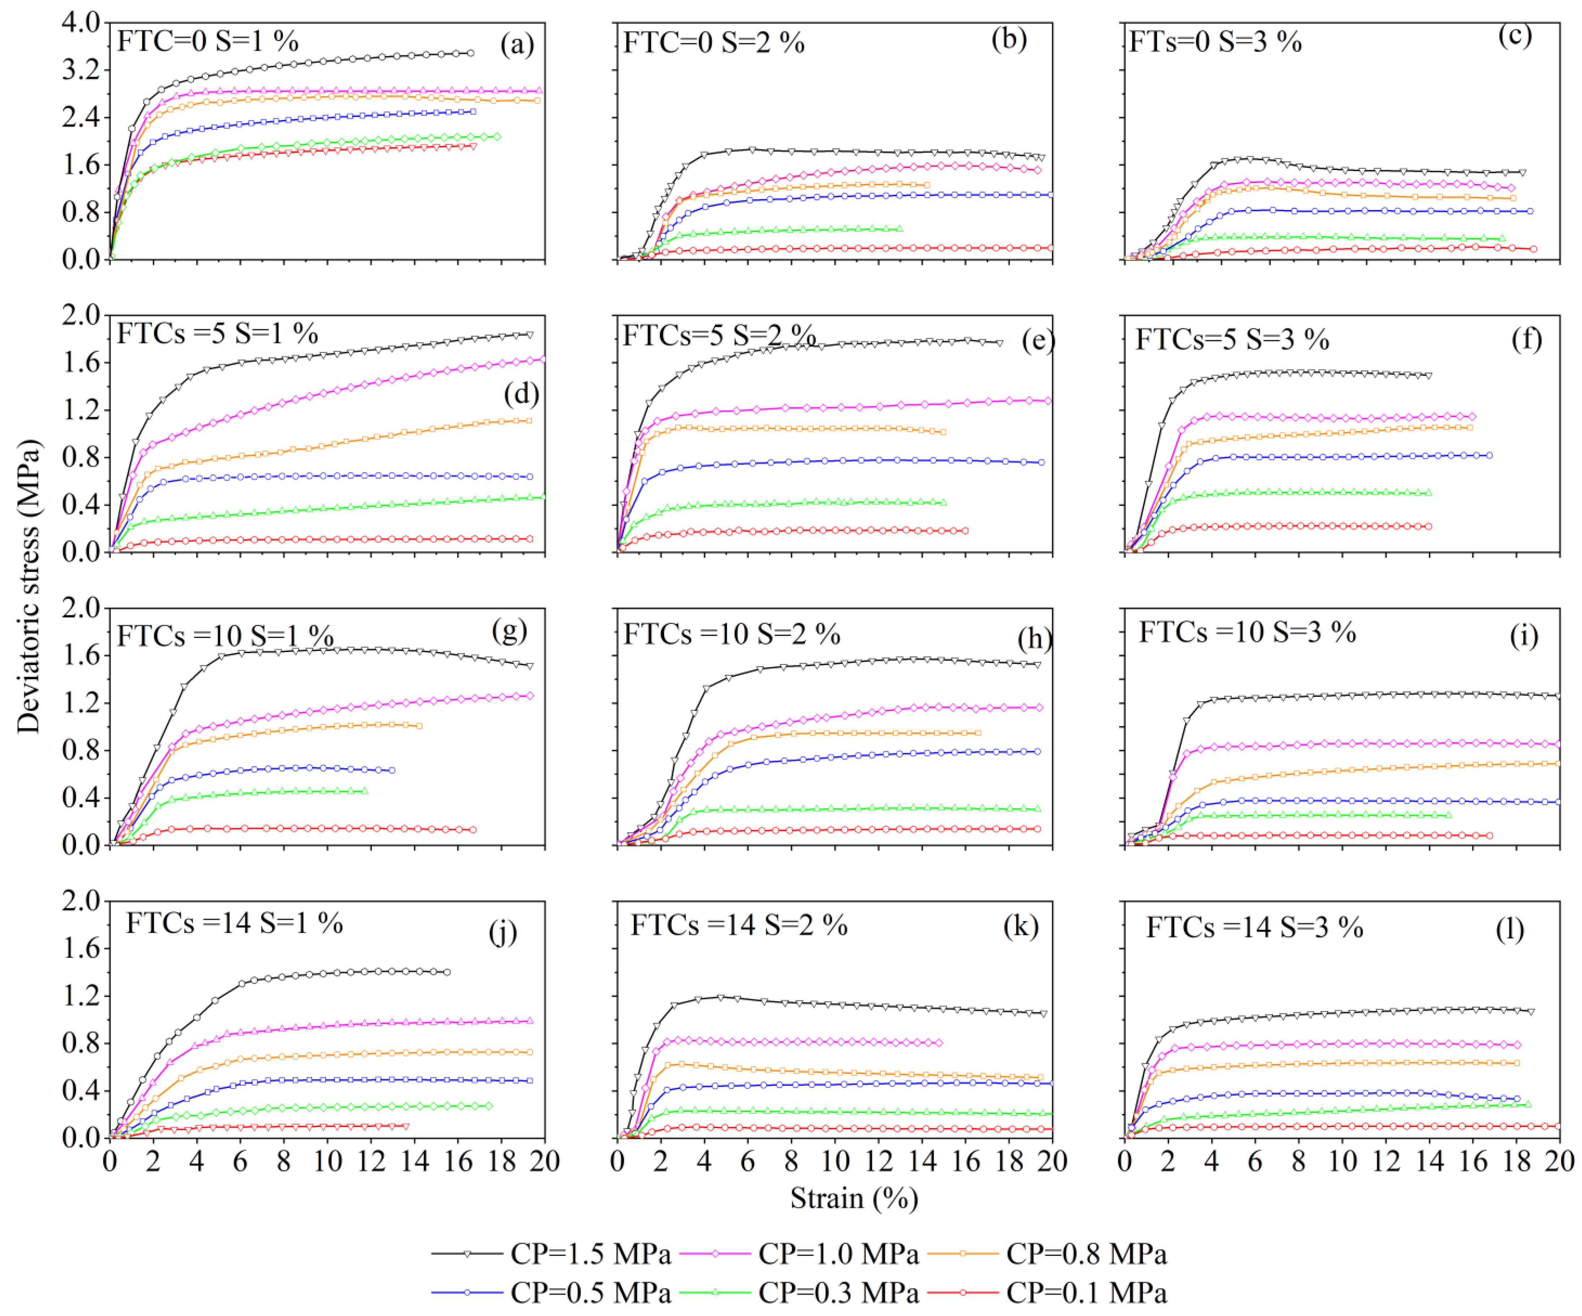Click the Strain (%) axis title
(x=854, y=1198)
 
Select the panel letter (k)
(x=1021, y=925)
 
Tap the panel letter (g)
(x=509, y=630)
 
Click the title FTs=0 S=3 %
(x=1215, y=41)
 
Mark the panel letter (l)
(x=1510, y=929)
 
